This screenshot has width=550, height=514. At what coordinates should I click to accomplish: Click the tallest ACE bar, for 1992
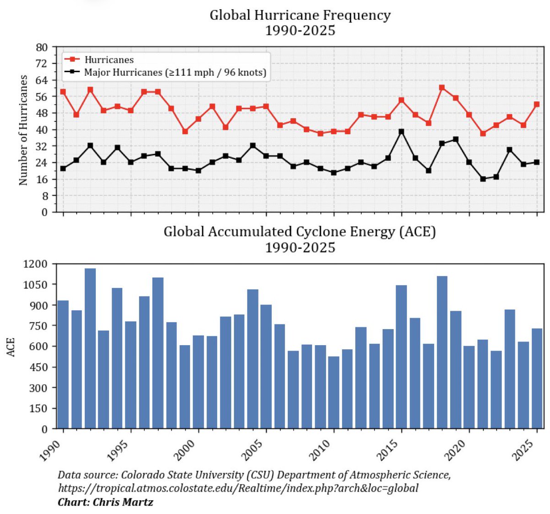90,349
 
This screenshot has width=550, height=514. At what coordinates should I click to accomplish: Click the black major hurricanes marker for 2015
401,132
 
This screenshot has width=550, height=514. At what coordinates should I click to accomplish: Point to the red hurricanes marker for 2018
442,87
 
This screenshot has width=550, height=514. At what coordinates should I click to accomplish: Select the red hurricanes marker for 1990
63,92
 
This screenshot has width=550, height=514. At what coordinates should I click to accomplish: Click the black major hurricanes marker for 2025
537,162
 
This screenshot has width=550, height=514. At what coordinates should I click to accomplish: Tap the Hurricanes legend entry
109,60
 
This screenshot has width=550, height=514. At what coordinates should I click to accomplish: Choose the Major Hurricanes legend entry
175,72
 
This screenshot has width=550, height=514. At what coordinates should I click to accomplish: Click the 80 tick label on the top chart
42,47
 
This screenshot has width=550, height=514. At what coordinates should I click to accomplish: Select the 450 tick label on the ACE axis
38,367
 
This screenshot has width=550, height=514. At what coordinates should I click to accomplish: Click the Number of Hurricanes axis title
23,130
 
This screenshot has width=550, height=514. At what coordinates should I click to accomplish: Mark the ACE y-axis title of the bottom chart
11,347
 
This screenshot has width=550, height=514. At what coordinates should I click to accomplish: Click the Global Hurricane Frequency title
300,15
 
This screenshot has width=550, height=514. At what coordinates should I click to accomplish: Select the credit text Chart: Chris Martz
105,502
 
